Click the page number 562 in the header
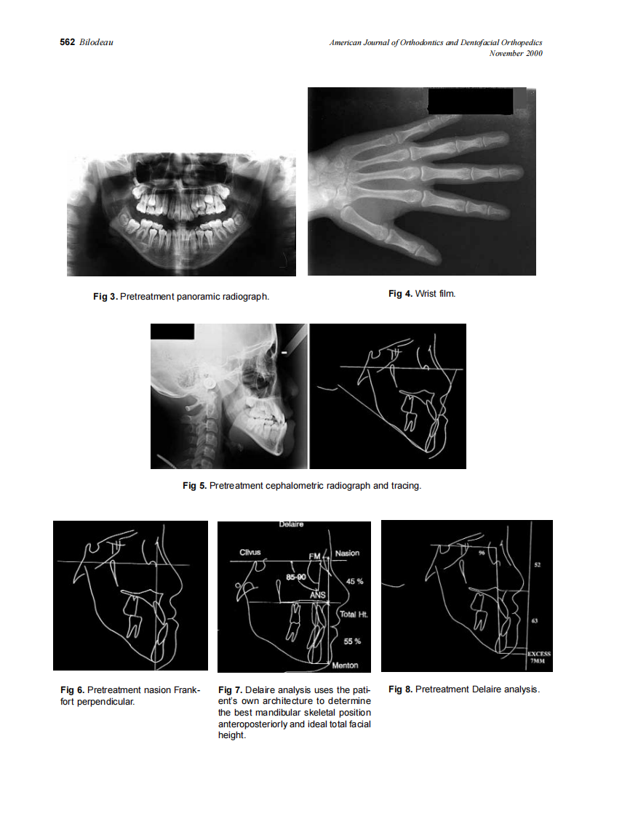67,43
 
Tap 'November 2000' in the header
516,53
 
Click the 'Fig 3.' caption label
105,296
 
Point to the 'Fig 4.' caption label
400,293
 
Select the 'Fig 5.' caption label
194,485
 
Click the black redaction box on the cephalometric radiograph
172,332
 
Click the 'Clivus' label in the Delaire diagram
251,553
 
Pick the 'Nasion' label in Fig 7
347,553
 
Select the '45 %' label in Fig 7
354,582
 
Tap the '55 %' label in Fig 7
352,641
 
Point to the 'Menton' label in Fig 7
344,665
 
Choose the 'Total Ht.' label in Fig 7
354,615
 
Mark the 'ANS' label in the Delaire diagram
317,594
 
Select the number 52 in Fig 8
537,564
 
